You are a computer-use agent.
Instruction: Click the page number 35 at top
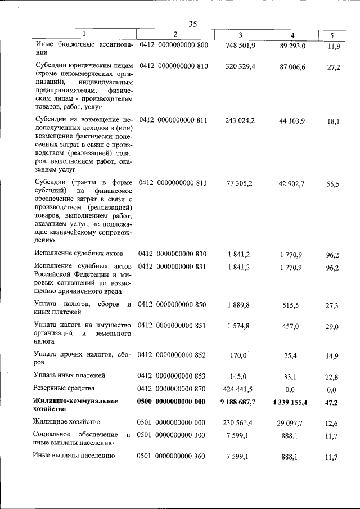(x=193, y=24)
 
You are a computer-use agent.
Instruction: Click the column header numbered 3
(x=240, y=35)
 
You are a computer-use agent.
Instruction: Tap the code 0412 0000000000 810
(x=174, y=66)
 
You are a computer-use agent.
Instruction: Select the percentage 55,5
(x=332, y=184)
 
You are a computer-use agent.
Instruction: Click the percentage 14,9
(x=332, y=355)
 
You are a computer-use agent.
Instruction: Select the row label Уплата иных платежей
(x=70, y=375)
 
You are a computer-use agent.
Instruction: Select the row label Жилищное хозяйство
(x=67, y=422)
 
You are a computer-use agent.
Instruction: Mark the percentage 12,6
(x=332, y=423)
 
